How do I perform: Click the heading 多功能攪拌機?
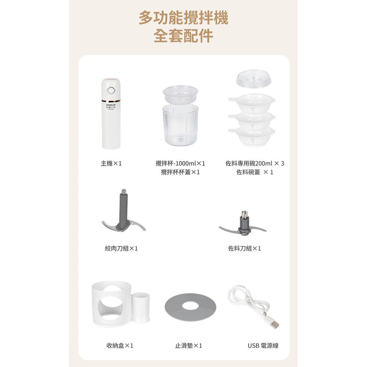tap(183, 18)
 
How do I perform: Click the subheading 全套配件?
tap(183, 36)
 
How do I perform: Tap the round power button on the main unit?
tap(111, 90)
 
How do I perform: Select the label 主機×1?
tap(111, 163)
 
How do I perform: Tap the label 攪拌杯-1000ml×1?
tap(180, 163)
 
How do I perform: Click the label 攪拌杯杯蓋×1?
tap(180, 172)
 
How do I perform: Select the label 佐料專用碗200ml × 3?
tap(255, 163)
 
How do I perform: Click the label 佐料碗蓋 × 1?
tap(255, 172)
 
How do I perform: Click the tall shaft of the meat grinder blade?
tap(123, 207)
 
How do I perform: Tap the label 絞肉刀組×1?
tap(121, 248)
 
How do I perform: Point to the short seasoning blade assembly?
tap(243, 225)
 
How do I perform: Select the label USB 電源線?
tap(263, 346)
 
